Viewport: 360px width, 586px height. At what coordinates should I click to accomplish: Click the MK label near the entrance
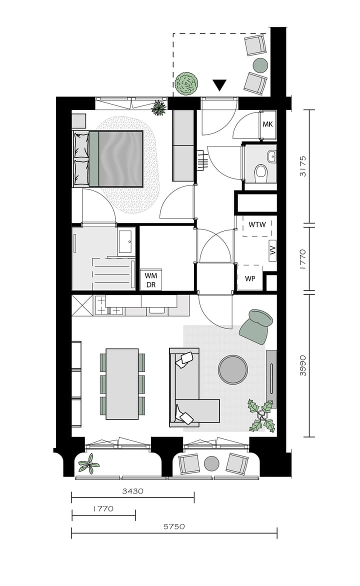click(x=267, y=124)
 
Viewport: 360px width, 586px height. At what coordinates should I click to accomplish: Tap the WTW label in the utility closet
click(x=257, y=224)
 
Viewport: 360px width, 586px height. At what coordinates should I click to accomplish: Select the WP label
click(x=250, y=279)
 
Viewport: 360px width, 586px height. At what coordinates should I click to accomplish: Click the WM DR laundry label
click(x=150, y=280)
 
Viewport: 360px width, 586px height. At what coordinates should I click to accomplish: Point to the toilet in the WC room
click(x=260, y=173)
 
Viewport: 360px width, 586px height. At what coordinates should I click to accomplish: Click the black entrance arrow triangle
click(x=219, y=85)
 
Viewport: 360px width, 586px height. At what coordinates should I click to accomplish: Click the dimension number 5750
click(x=174, y=526)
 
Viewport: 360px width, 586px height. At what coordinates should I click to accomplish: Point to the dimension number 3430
click(x=132, y=491)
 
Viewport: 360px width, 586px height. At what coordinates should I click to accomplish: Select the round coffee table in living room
click(x=233, y=369)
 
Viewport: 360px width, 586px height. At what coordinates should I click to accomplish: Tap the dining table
click(x=122, y=384)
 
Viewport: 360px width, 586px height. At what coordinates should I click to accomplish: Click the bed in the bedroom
click(x=115, y=157)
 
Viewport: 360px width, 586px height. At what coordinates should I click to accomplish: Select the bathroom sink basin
click(x=125, y=241)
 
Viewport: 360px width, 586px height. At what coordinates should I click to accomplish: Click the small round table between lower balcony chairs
click(x=212, y=463)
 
